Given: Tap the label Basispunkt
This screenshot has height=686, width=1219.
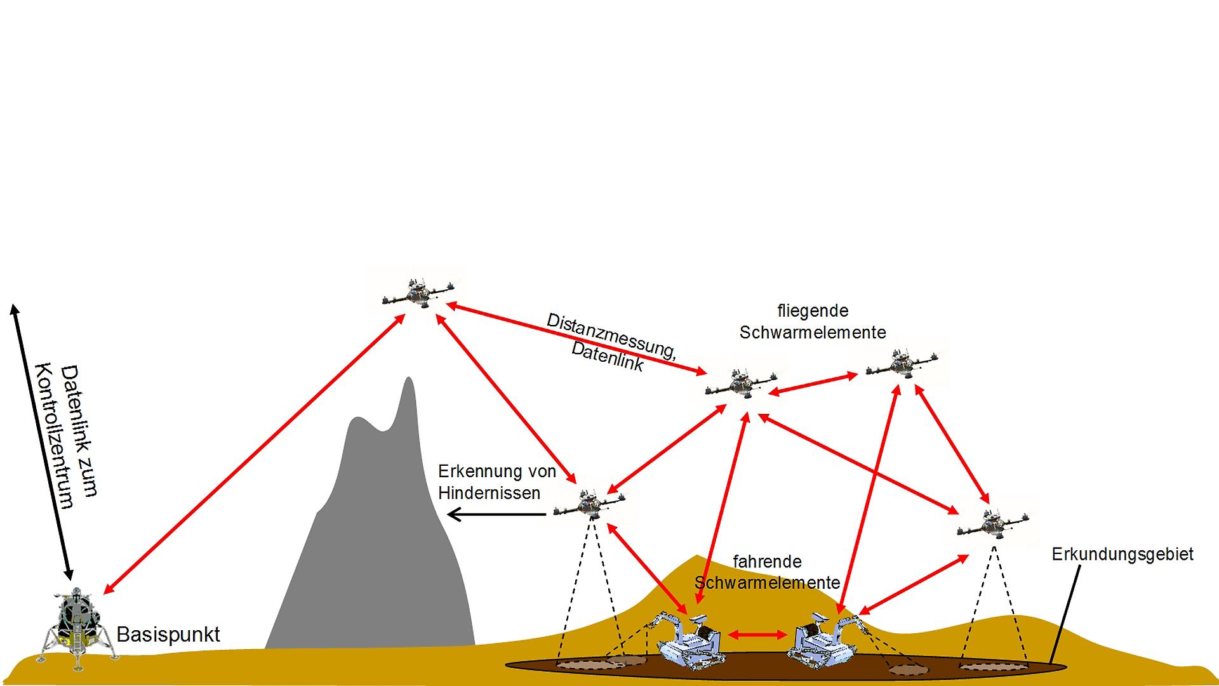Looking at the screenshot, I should point(168,634).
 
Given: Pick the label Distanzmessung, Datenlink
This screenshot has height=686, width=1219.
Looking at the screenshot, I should point(606,342).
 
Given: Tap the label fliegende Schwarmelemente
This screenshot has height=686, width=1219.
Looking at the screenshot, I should point(813,321).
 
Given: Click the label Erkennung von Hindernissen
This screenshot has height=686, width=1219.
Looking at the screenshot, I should point(496,482).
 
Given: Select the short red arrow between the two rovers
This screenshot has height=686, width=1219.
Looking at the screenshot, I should point(758,634).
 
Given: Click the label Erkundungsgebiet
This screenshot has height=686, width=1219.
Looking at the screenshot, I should point(1122,554).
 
